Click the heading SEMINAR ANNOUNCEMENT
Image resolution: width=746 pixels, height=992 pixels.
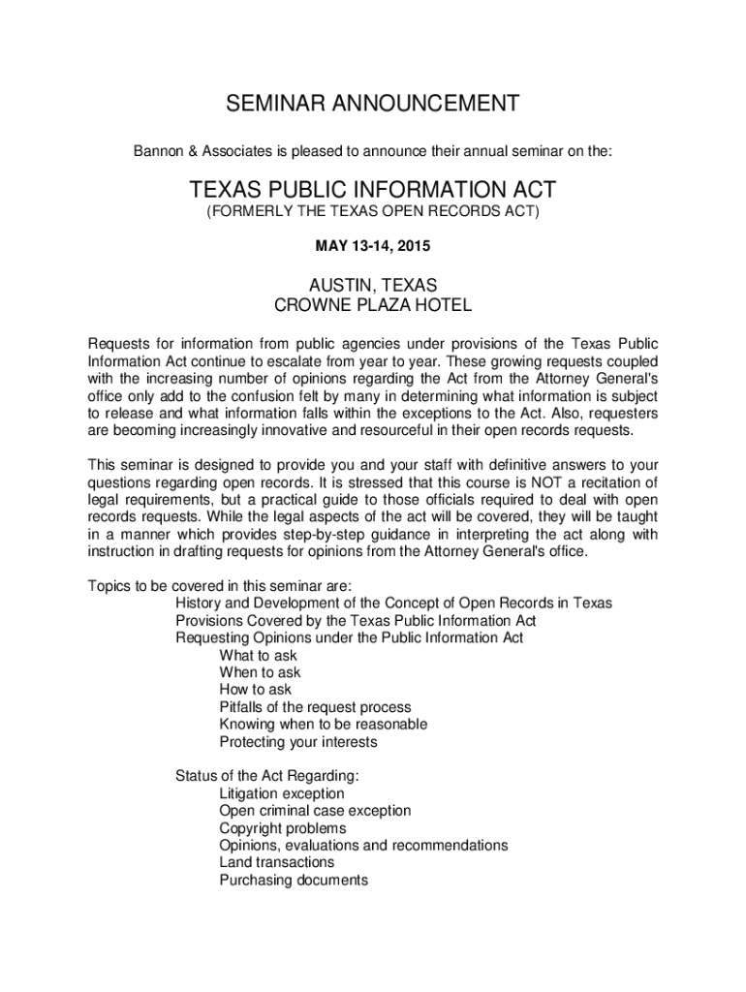[373, 104]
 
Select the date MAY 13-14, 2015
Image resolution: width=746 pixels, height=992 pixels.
[373, 247]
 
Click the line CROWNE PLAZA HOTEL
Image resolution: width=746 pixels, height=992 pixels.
[373, 306]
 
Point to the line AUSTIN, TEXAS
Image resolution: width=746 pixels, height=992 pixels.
[373, 286]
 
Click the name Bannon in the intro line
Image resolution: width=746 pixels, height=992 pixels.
[156, 152]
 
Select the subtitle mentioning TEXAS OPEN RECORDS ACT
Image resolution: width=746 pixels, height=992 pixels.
[373, 212]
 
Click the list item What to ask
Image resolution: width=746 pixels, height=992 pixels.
[258, 655]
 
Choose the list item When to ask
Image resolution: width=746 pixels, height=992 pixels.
[260, 672]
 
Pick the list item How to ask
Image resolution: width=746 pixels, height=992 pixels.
[255, 690]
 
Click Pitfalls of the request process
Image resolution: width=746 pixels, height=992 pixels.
[315, 707]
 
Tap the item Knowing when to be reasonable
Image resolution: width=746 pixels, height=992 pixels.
[323, 725]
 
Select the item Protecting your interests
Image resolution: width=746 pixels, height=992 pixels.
[297, 742]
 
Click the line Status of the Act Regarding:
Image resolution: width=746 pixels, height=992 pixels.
[267, 776]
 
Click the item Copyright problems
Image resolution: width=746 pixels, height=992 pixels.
[282, 828]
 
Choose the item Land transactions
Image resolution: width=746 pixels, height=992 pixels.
[276, 863]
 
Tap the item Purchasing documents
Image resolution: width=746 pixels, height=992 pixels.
[294, 881]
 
